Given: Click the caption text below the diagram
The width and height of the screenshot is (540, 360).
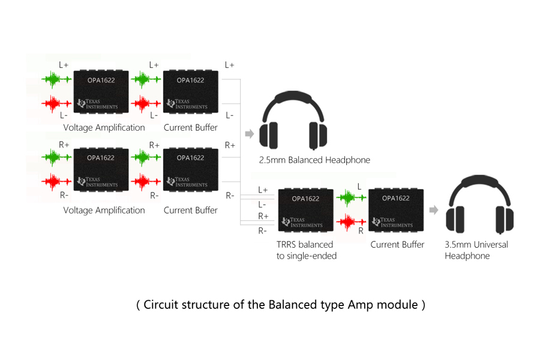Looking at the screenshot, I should click(281, 305).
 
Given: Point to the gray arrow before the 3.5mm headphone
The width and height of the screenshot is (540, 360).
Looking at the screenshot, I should click(434, 210).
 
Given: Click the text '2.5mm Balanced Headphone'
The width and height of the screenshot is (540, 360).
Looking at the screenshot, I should click(314, 160).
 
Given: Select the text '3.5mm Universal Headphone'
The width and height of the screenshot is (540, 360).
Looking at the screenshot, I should click(476, 250).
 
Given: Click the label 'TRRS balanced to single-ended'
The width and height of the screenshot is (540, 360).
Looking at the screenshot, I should click(306, 250).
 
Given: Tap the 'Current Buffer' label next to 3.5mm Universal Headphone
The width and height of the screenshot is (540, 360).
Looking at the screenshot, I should click(397, 245).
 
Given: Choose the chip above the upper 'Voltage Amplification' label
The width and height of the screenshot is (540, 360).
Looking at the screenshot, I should click(100, 91).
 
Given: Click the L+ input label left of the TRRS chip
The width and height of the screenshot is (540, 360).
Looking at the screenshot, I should click(263, 190).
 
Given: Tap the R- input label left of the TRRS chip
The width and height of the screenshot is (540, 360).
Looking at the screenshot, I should click(263, 230).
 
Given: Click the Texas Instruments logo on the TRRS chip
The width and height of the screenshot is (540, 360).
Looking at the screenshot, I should click(304, 223).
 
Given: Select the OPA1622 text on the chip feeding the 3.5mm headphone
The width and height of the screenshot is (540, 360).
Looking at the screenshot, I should click(395, 198).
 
